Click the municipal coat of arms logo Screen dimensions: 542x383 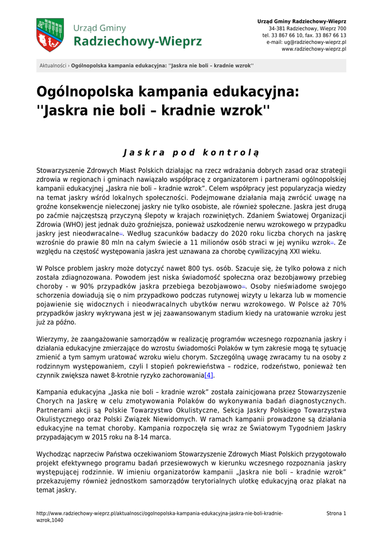pyautogui.click(x=50, y=34)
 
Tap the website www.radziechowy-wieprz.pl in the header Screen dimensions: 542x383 pyautogui.click(x=314, y=49)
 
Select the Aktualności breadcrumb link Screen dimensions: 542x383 pyautogui.click(x=53, y=66)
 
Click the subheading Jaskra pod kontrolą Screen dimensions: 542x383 pyautogui.click(x=191, y=153)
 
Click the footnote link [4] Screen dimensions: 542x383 pyautogui.click(x=209, y=375)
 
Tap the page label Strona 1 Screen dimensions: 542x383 pyautogui.click(x=336, y=513)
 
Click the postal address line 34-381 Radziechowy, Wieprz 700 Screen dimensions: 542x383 pyautogui.click(x=307, y=28)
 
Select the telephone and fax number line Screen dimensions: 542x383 pyautogui.click(x=304, y=35)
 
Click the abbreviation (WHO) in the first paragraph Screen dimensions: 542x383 pyautogui.click(x=74, y=224)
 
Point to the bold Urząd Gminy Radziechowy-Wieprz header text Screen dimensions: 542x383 pyautogui.click(x=302, y=21)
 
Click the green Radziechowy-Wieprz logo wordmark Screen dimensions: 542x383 pyautogui.click(x=137, y=41)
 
